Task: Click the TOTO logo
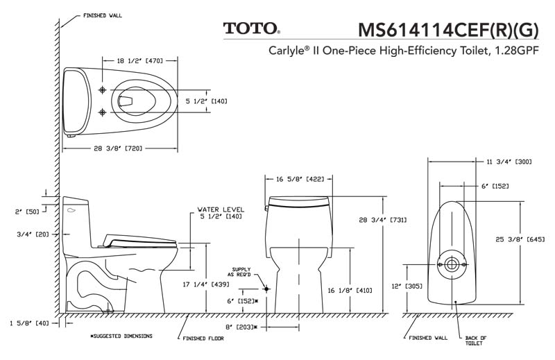[251, 28]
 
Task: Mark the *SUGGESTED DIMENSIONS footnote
[121, 335]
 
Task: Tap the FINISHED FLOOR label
[203, 339]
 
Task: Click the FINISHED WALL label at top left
[103, 15]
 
